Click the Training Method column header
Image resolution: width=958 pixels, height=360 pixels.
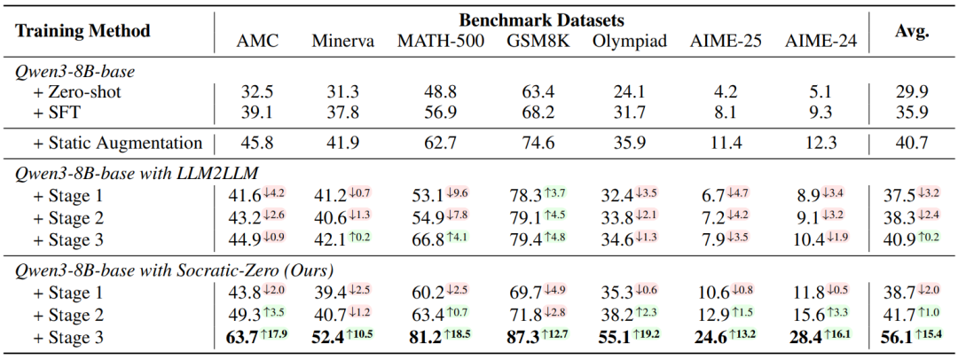82,30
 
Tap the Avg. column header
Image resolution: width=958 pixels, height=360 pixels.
911,31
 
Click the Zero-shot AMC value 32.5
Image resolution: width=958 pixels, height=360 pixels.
256,90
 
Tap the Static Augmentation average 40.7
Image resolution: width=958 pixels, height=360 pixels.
911,142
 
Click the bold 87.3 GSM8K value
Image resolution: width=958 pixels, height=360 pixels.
524,337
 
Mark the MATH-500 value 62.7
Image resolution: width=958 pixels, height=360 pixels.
441,142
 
